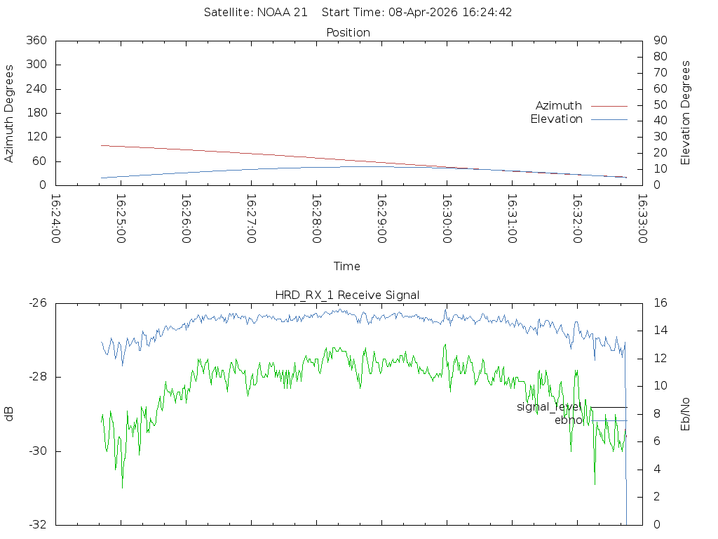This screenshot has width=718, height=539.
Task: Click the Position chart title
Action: [x=348, y=33]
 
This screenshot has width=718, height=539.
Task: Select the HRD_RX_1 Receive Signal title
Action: [x=347, y=295]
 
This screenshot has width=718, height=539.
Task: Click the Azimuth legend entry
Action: [x=559, y=106]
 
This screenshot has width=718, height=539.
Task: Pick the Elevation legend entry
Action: [x=556, y=119]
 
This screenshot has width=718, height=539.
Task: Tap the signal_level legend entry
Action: [x=549, y=407]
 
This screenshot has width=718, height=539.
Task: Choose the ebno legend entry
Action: [x=568, y=420]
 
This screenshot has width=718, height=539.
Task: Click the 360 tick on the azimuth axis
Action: [x=36, y=41]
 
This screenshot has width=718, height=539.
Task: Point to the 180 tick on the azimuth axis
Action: [x=36, y=113]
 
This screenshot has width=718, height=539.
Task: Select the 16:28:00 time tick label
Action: [x=316, y=219]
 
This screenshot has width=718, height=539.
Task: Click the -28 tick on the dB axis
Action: [x=36, y=378]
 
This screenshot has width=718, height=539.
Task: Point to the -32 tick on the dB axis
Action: [x=36, y=525]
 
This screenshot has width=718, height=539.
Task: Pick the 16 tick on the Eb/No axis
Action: [x=660, y=303]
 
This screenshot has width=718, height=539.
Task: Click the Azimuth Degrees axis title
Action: [x=10, y=114]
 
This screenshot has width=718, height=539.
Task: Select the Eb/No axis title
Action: [x=686, y=414]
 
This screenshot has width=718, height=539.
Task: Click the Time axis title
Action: [x=347, y=267]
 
